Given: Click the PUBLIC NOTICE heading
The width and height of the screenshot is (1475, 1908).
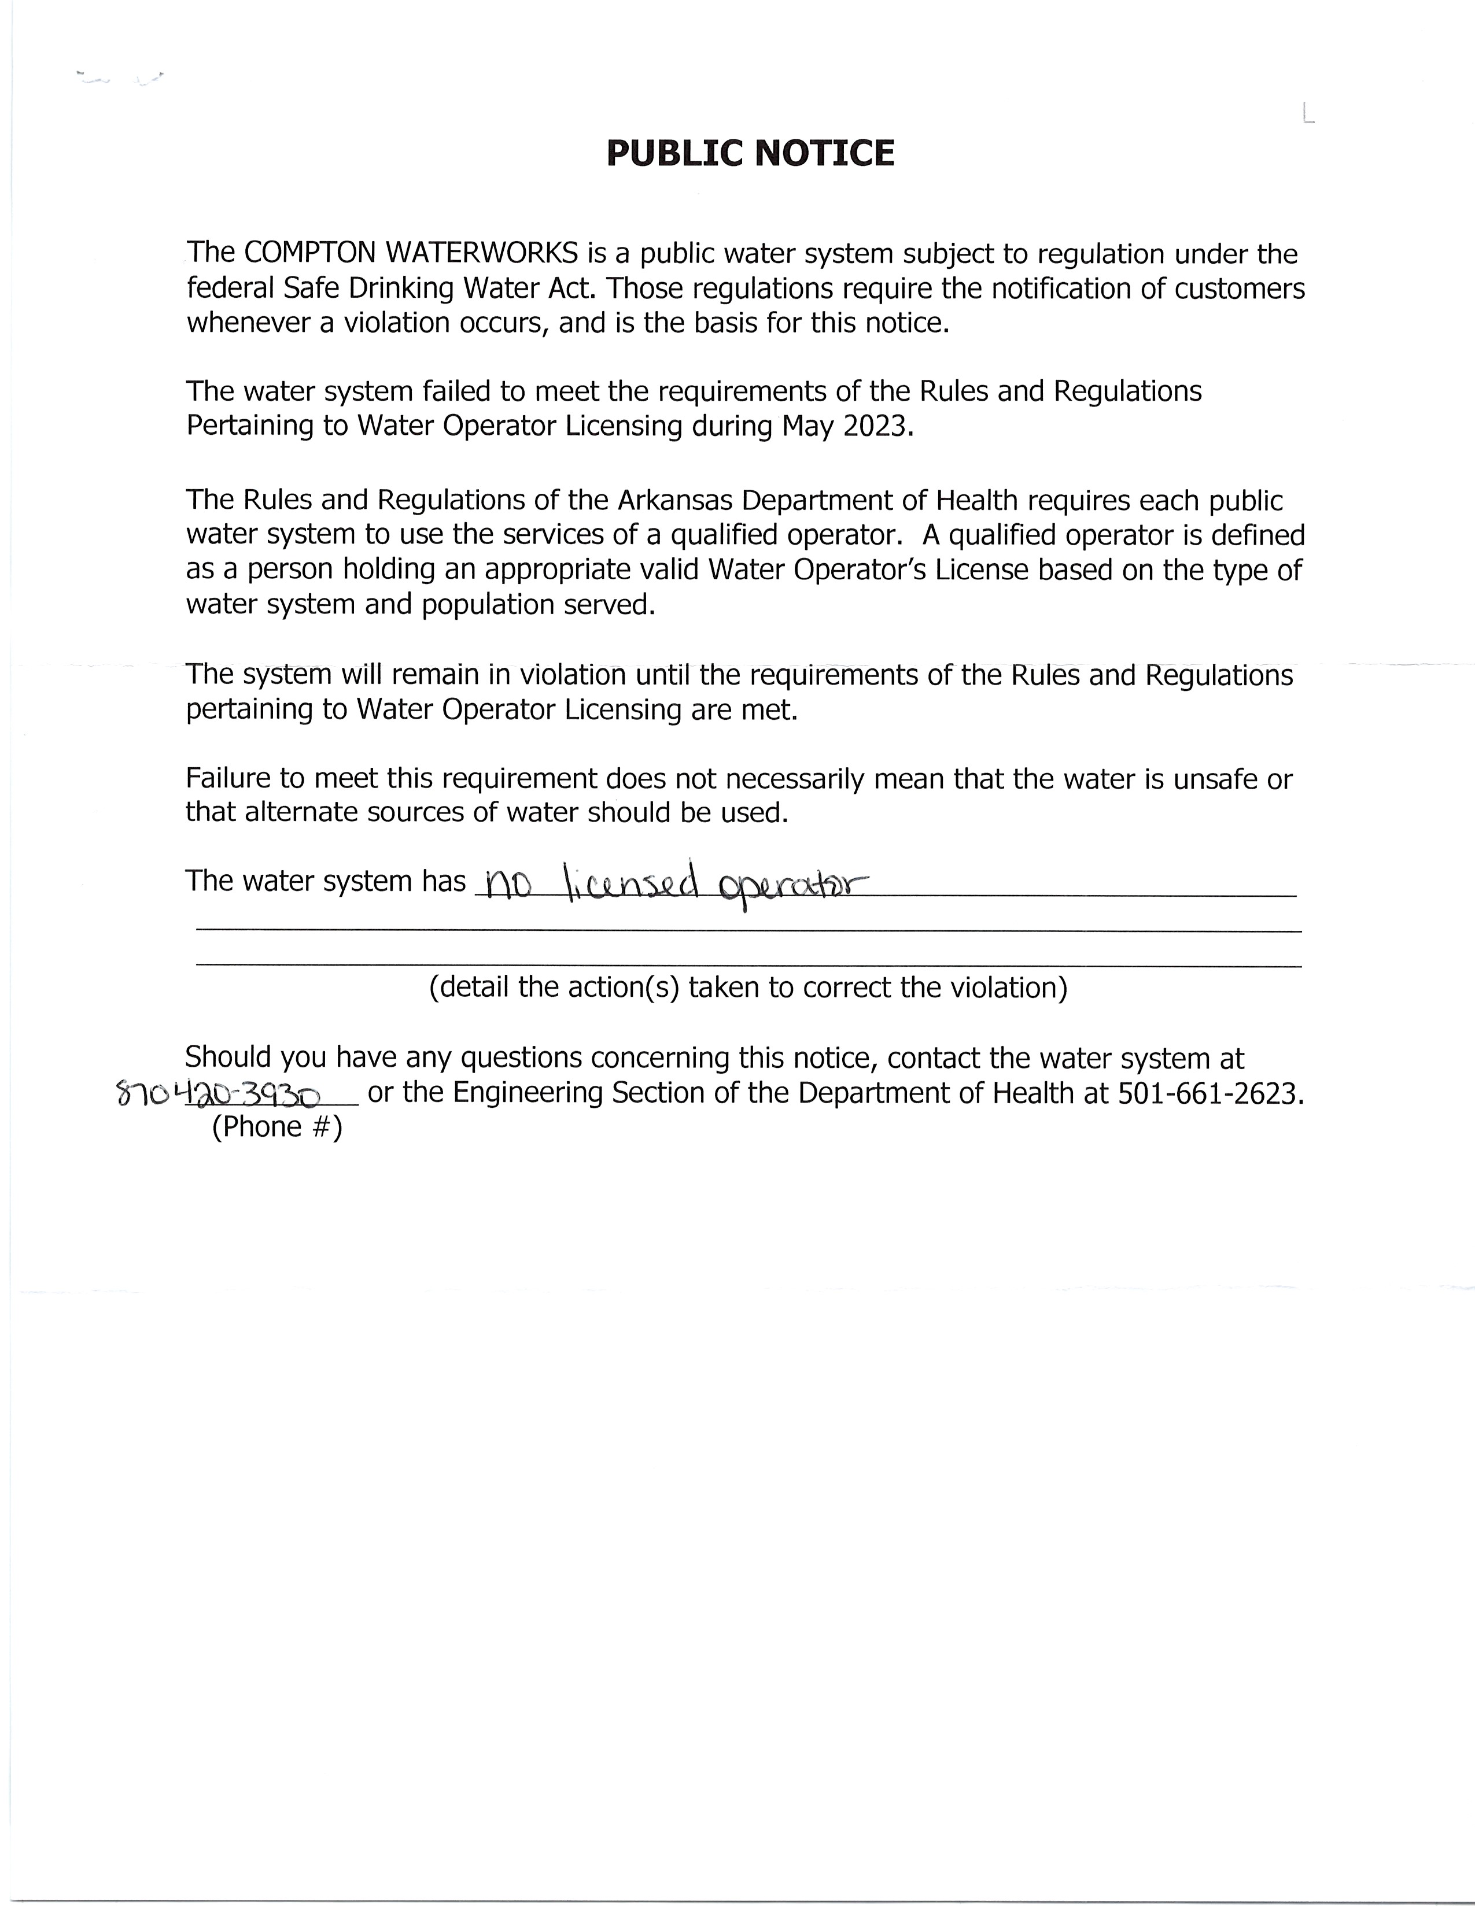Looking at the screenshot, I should pos(750,154).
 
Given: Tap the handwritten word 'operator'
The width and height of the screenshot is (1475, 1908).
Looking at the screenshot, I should pos(791,889).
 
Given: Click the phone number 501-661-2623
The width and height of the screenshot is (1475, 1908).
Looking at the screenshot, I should pos(1210,1093).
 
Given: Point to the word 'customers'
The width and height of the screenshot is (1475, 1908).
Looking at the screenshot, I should pos(1240,289).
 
